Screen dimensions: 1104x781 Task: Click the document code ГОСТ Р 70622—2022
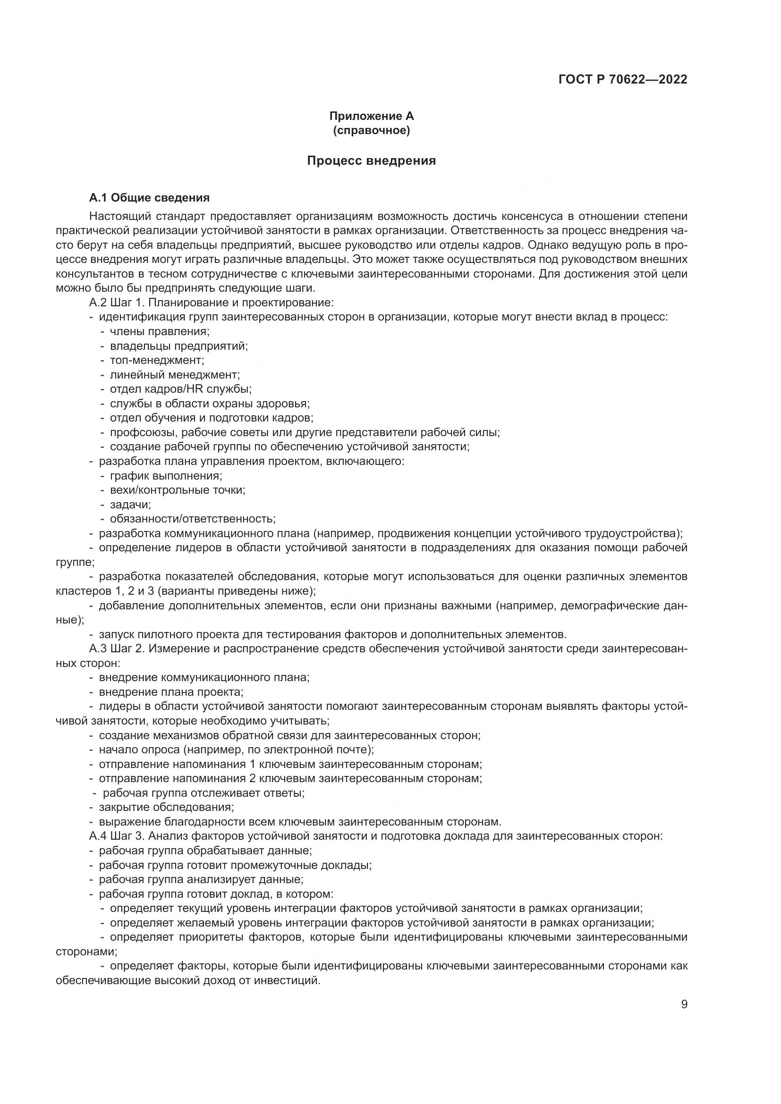623,79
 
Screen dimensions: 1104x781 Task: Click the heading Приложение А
371,116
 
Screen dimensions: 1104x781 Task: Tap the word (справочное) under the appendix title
371,130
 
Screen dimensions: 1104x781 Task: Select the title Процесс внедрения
371,160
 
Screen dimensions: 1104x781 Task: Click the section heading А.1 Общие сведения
149,198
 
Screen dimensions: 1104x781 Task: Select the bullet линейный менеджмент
175,375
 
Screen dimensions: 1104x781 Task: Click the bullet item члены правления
159,331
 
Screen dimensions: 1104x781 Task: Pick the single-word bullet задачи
130,505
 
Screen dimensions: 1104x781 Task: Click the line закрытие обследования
166,807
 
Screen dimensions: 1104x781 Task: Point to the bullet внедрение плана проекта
171,692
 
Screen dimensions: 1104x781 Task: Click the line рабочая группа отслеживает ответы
203,793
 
